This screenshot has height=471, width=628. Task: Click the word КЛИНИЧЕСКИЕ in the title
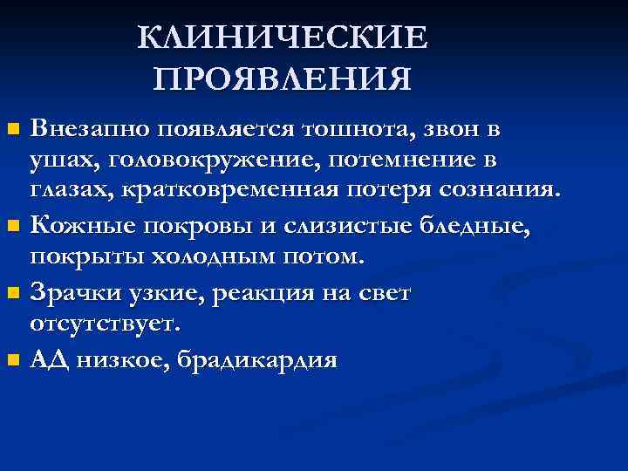pyautogui.click(x=283, y=38)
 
